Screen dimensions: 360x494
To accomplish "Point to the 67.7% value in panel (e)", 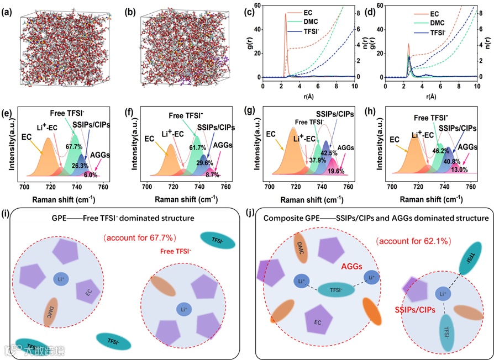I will point(73,147).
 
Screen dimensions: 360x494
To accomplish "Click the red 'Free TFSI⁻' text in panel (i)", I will point(176,251).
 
